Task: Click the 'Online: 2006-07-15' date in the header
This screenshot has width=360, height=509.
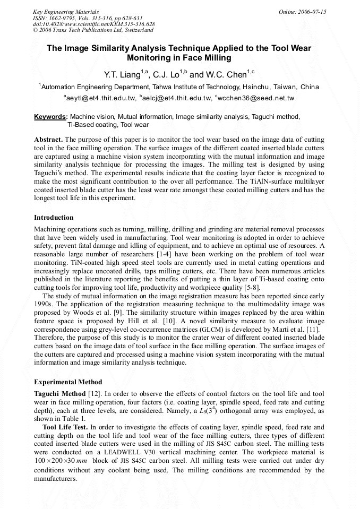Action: click(x=302, y=12)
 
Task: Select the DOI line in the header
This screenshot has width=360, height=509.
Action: click(x=93, y=24)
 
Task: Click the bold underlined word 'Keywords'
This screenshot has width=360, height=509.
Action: click(x=50, y=117)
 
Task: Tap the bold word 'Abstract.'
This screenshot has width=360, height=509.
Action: click(x=49, y=139)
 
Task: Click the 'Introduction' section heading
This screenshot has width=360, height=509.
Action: click(x=54, y=218)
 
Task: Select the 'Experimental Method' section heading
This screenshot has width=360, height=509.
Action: click(x=68, y=382)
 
